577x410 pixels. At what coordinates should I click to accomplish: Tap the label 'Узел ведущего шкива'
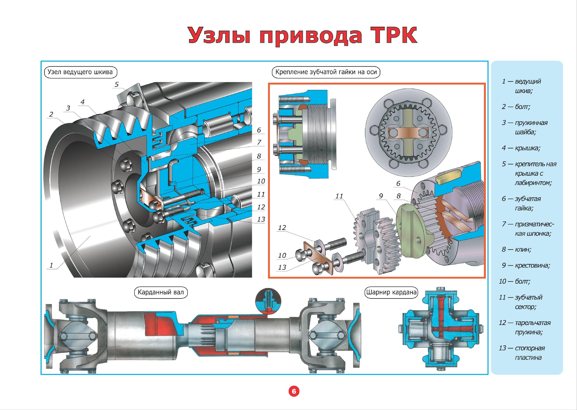click(x=80, y=72)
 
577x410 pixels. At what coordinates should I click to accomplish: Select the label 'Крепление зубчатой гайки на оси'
click(x=326, y=72)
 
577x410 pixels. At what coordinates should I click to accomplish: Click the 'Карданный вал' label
click(x=161, y=293)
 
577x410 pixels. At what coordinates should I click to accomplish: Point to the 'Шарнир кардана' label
click(x=391, y=293)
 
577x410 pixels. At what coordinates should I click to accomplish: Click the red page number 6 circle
click(x=294, y=392)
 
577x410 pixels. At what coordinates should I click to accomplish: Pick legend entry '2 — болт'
click(x=516, y=107)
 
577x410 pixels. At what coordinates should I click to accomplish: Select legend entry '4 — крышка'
click(x=521, y=148)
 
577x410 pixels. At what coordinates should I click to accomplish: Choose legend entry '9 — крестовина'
click(x=526, y=266)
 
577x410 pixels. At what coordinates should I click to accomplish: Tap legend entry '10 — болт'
click(x=514, y=281)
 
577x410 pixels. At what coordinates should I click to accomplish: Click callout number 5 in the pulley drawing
click(x=116, y=84)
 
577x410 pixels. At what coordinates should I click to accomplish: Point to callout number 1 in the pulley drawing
click(x=51, y=265)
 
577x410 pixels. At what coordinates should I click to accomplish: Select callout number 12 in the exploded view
click(x=282, y=228)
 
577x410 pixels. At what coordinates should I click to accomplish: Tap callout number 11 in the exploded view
click(x=339, y=196)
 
